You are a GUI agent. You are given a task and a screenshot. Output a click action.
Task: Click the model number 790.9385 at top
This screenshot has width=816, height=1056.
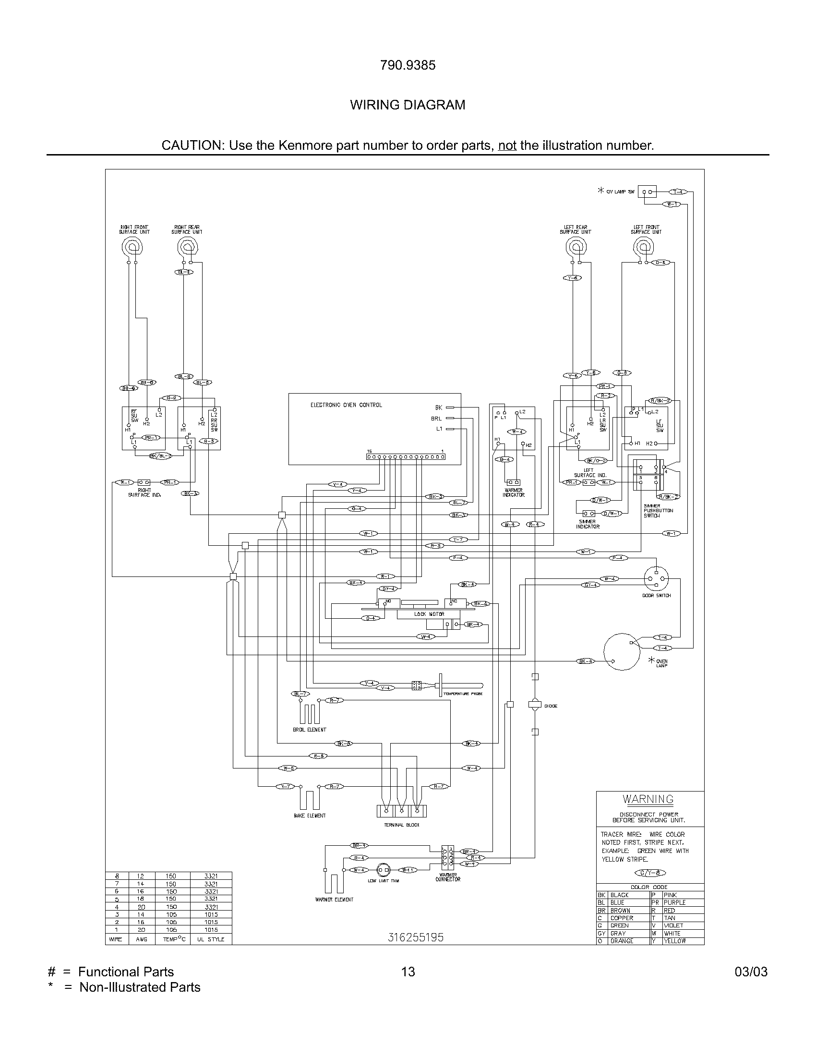pos(408,65)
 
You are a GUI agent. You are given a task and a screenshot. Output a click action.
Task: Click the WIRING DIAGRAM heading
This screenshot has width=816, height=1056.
pos(408,105)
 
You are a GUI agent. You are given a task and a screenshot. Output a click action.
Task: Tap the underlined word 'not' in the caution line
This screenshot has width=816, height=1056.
pos(507,145)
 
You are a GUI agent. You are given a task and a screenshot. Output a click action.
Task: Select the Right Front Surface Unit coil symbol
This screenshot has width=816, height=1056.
pos(132,248)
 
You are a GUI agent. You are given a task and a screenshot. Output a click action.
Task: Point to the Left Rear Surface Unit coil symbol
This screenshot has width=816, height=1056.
pos(575,248)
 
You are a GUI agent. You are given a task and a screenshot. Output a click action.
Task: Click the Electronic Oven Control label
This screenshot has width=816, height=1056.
pos(346,405)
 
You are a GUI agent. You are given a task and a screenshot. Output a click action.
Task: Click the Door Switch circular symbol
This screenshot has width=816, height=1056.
pos(656,579)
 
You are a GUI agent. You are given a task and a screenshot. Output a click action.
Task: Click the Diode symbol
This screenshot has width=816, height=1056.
pos(535,706)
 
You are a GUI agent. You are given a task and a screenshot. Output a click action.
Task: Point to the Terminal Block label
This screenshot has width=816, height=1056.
pos(402,825)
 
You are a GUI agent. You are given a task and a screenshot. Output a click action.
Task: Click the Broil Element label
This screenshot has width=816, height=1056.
pos(310,730)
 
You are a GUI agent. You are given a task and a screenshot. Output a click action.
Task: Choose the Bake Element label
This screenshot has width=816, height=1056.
pos(310,816)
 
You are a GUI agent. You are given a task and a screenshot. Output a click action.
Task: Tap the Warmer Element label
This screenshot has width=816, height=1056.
pos(334,900)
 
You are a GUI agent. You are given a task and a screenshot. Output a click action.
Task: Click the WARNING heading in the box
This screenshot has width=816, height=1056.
pos(648,799)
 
